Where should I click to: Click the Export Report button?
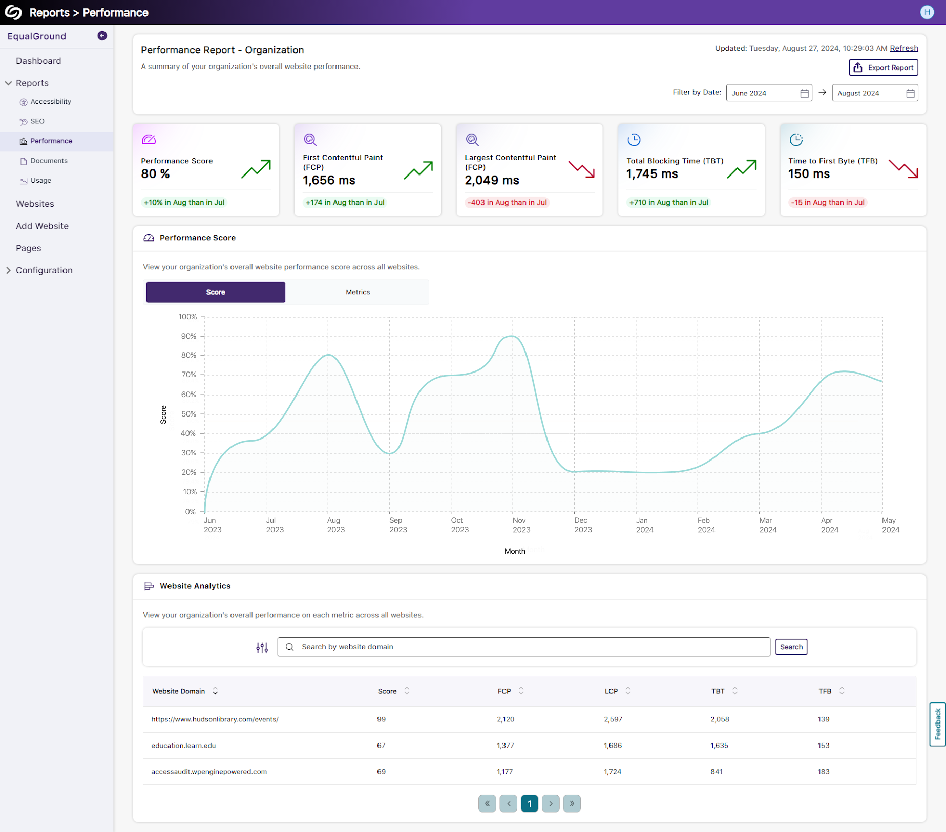click(883, 68)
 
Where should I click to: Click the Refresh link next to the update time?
click(903, 48)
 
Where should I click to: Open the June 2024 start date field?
click(768, 93)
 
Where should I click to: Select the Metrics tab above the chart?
click(358, 292)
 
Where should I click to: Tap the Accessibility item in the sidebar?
click(51, 102)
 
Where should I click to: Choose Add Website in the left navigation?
click(42, 226)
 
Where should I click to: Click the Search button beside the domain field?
click(791, 647)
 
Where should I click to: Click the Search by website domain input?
click(523, 647)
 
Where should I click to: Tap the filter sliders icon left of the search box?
click(262, 648)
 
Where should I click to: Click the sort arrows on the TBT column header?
click(734, 691)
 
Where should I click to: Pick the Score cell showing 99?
click(381, 719)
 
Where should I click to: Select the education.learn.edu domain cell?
click(183, 746)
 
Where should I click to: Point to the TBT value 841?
click(716, 772)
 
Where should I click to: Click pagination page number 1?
click(529, 803)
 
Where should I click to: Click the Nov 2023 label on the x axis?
click(521, 525)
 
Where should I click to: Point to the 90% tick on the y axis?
click(188, 336)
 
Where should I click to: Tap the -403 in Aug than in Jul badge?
click(507, 202)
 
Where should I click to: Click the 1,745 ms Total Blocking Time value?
click(652, 174)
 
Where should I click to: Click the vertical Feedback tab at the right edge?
click(937, 724)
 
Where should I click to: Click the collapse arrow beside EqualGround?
click(102, 36)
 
